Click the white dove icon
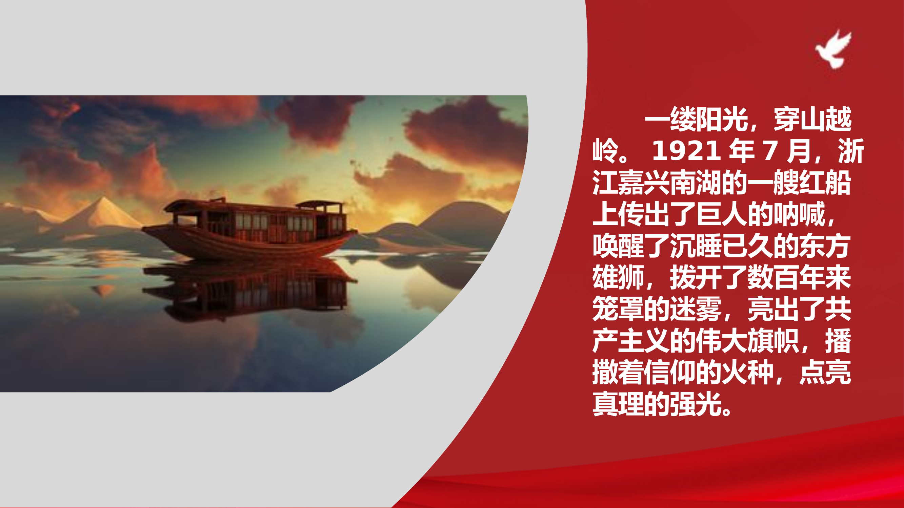835,49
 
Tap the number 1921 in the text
686,151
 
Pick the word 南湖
696,183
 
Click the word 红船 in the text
825,183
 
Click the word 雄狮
618,277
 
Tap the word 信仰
670,372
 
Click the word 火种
747,372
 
